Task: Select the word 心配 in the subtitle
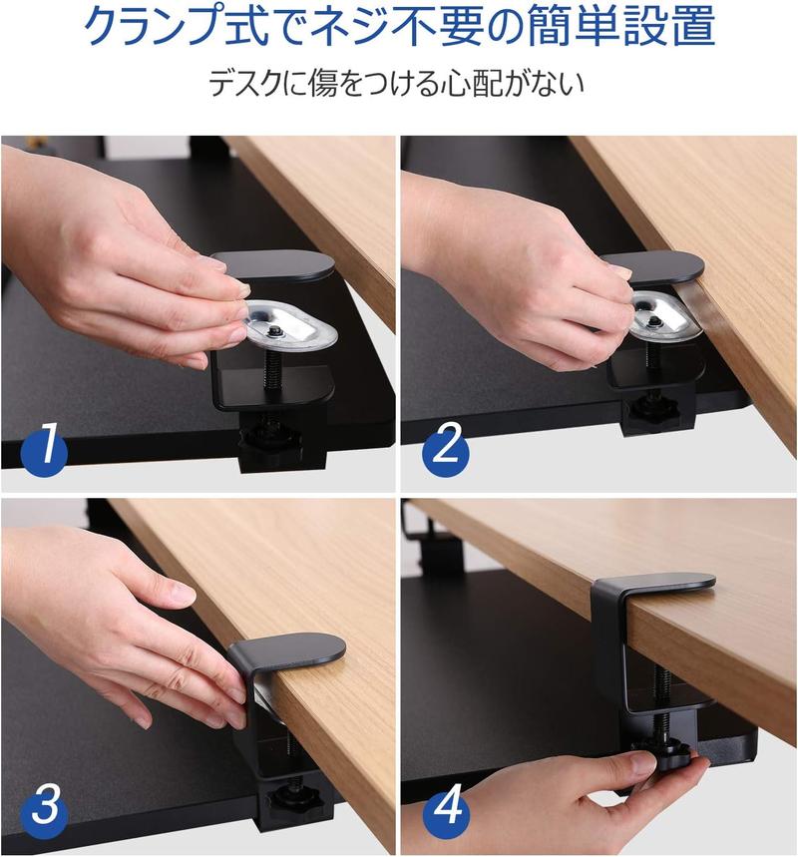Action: click(x=458, y=84)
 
